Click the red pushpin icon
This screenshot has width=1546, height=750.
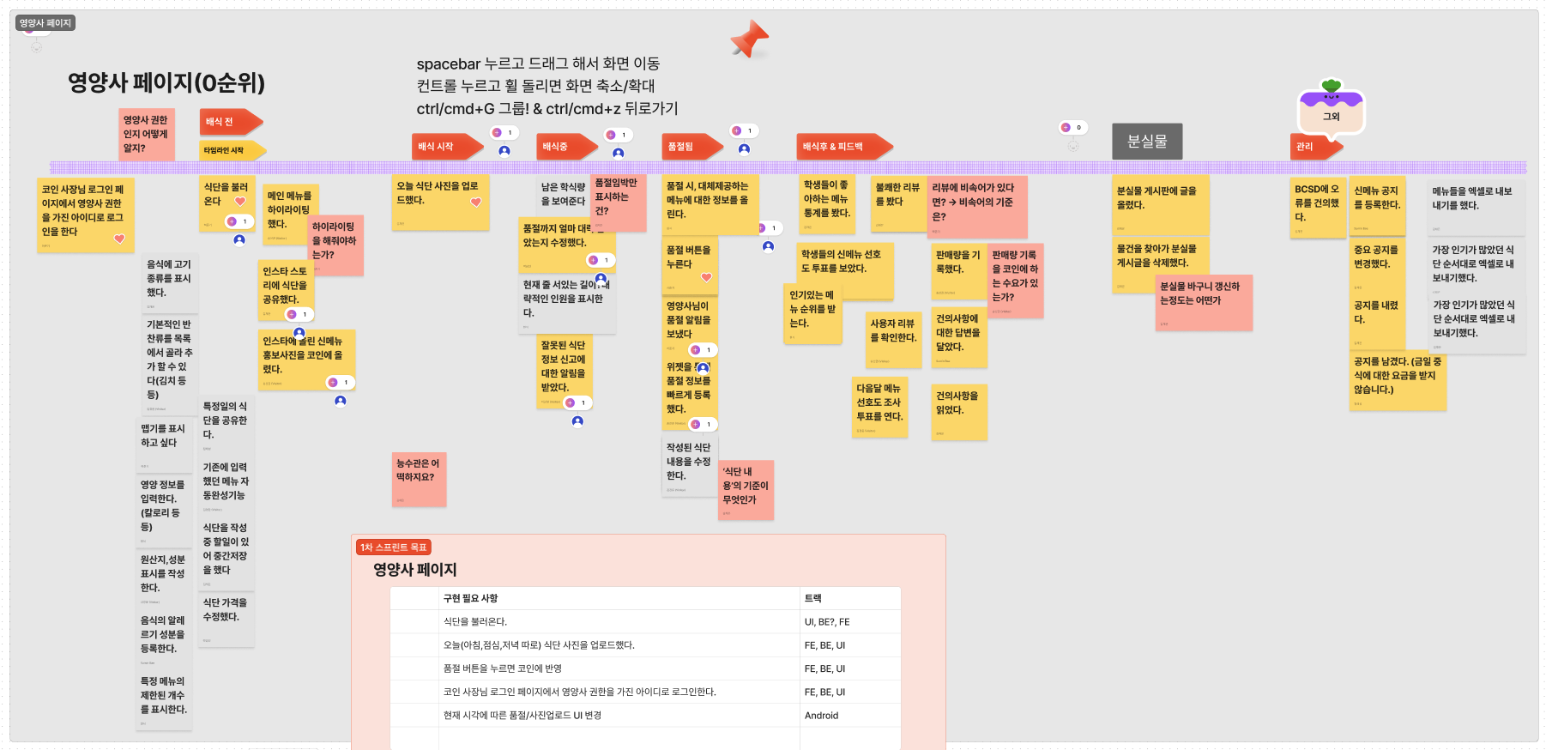tap(749, 39)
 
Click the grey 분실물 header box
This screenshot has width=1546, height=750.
tap(1147, 142)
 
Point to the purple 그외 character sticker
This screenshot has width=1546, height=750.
tap(1331, 110)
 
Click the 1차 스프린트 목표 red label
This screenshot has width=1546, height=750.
tap(393, 547)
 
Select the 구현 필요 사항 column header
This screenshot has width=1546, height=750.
tap(470, 598)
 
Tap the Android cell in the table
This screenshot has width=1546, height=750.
tap(821, 716)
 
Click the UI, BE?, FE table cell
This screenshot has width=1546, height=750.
tap(827, 622)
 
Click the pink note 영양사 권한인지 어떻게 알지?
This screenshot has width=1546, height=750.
tap(146, 134)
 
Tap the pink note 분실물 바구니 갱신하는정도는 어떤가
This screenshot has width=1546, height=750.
tap(1203, 301)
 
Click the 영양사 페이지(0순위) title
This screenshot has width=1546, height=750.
tap(166, 83)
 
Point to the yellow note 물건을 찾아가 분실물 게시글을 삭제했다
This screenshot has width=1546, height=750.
tap(1159, 263)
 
